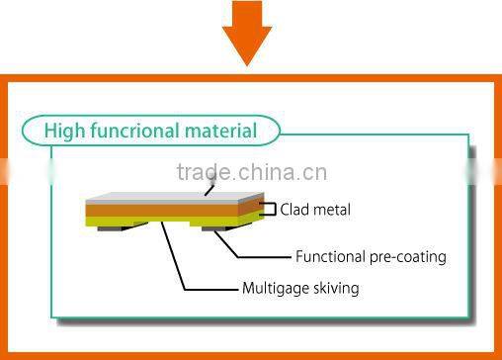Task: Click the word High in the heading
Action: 66,130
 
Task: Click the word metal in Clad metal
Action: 332,210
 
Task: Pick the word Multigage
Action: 274,289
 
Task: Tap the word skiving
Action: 334,289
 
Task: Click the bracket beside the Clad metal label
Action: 269,209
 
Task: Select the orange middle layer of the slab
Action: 168,210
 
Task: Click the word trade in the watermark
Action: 202,173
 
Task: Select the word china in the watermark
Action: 265,173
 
